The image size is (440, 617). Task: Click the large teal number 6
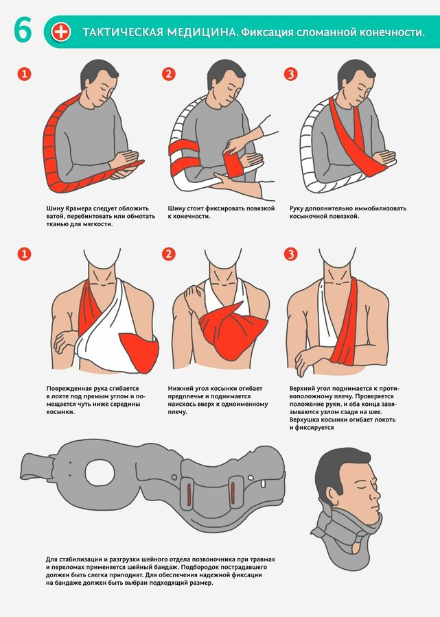click(23, 30)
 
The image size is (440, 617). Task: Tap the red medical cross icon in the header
click(60, 32)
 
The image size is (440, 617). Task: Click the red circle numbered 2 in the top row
click(169, 74)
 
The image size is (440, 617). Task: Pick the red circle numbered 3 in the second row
click(291, 254)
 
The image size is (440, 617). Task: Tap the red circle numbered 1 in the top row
click(24, 74)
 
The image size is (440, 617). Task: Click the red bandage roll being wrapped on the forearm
click(233, 163)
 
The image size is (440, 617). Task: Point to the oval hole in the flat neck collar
click(100, 472)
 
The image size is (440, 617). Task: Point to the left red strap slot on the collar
click(189, 492)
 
